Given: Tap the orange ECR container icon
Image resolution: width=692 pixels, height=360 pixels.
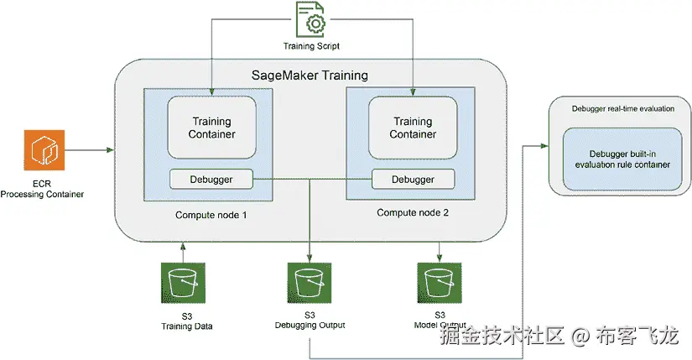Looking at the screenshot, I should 42,150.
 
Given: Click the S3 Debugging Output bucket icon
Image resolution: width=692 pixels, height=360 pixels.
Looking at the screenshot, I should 310,284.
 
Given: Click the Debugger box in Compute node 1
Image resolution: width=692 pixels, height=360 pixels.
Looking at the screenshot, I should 211,179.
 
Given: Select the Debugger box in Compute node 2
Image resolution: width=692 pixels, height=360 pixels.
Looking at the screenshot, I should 413,179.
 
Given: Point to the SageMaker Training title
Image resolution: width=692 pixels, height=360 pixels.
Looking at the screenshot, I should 310,75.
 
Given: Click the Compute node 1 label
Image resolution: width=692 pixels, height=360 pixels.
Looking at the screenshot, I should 211,215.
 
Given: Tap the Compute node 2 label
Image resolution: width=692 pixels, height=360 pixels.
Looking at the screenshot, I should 413,213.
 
